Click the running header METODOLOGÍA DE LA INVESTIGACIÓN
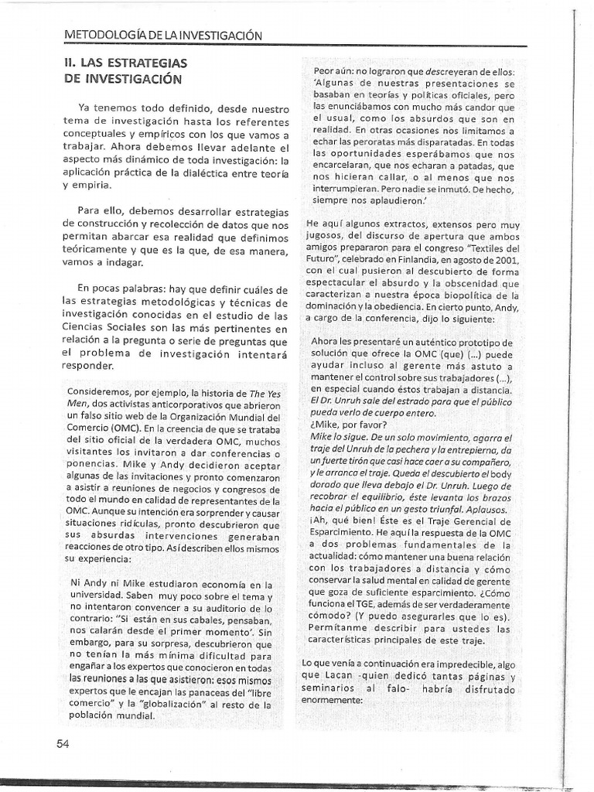tap(162, 36)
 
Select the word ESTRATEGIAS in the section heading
tap(147, 63)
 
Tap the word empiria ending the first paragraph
tap(90, 186)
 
